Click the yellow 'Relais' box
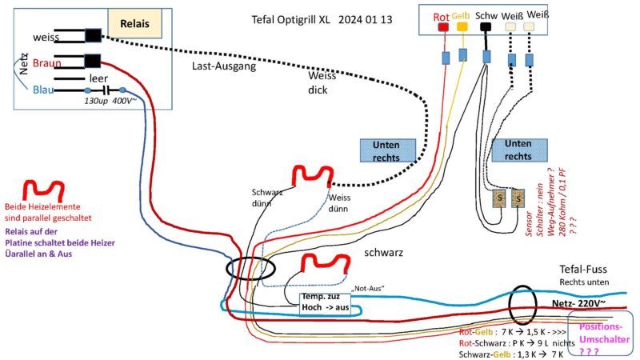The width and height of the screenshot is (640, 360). [x=134, y=22]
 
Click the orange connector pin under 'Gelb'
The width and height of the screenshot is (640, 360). [x=462, y=26]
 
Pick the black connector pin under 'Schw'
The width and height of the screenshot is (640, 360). [x=486, y=26]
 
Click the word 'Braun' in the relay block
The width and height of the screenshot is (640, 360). [x=48, y=62]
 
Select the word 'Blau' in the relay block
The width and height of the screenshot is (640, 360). [x=44, y=90]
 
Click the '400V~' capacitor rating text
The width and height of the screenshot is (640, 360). [x=124, y=102]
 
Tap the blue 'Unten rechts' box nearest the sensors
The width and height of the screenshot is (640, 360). [x=520, y=150]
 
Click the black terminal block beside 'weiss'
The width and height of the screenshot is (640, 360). [x=93, y=35]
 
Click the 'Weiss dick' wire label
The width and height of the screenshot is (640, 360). [x=322, y=82]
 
